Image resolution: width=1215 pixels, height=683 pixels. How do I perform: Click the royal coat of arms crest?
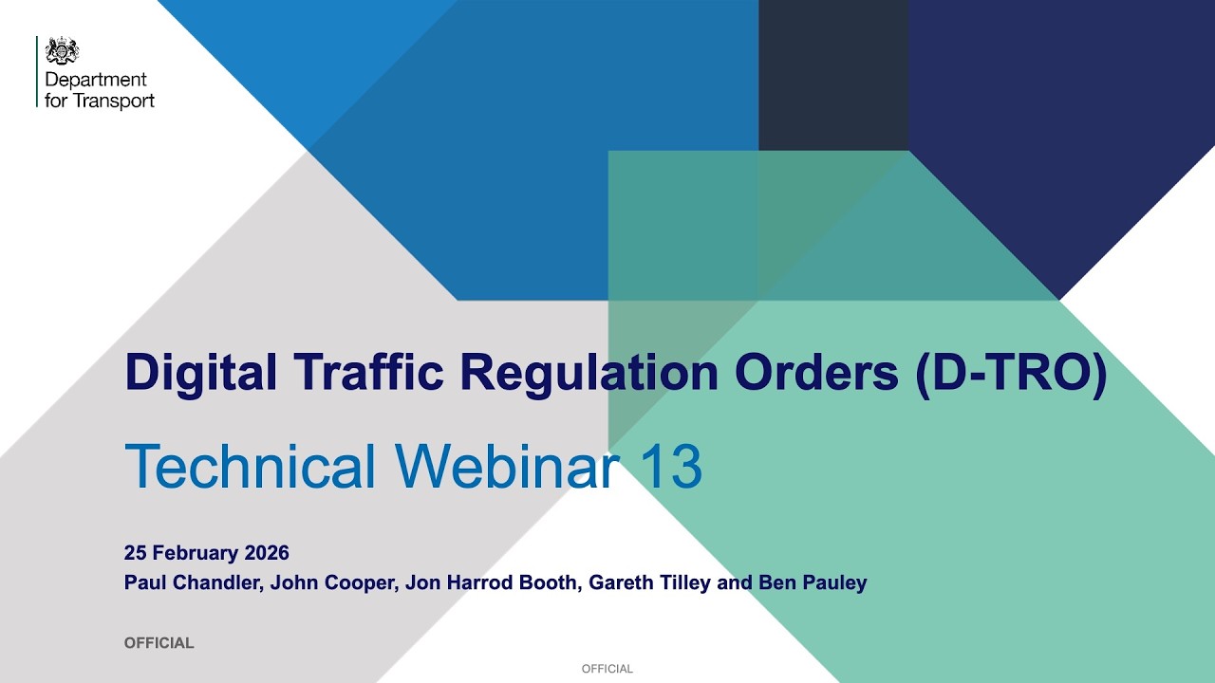(63, 50)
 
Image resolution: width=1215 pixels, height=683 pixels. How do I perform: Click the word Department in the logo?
(96, 81)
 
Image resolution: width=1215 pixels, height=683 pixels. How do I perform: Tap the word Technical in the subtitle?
(251, 467)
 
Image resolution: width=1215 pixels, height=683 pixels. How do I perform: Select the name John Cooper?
(331, 582)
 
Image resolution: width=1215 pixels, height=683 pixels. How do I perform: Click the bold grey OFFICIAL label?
(159, 643)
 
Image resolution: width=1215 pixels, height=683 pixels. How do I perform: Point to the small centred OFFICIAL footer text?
(607, 669)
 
